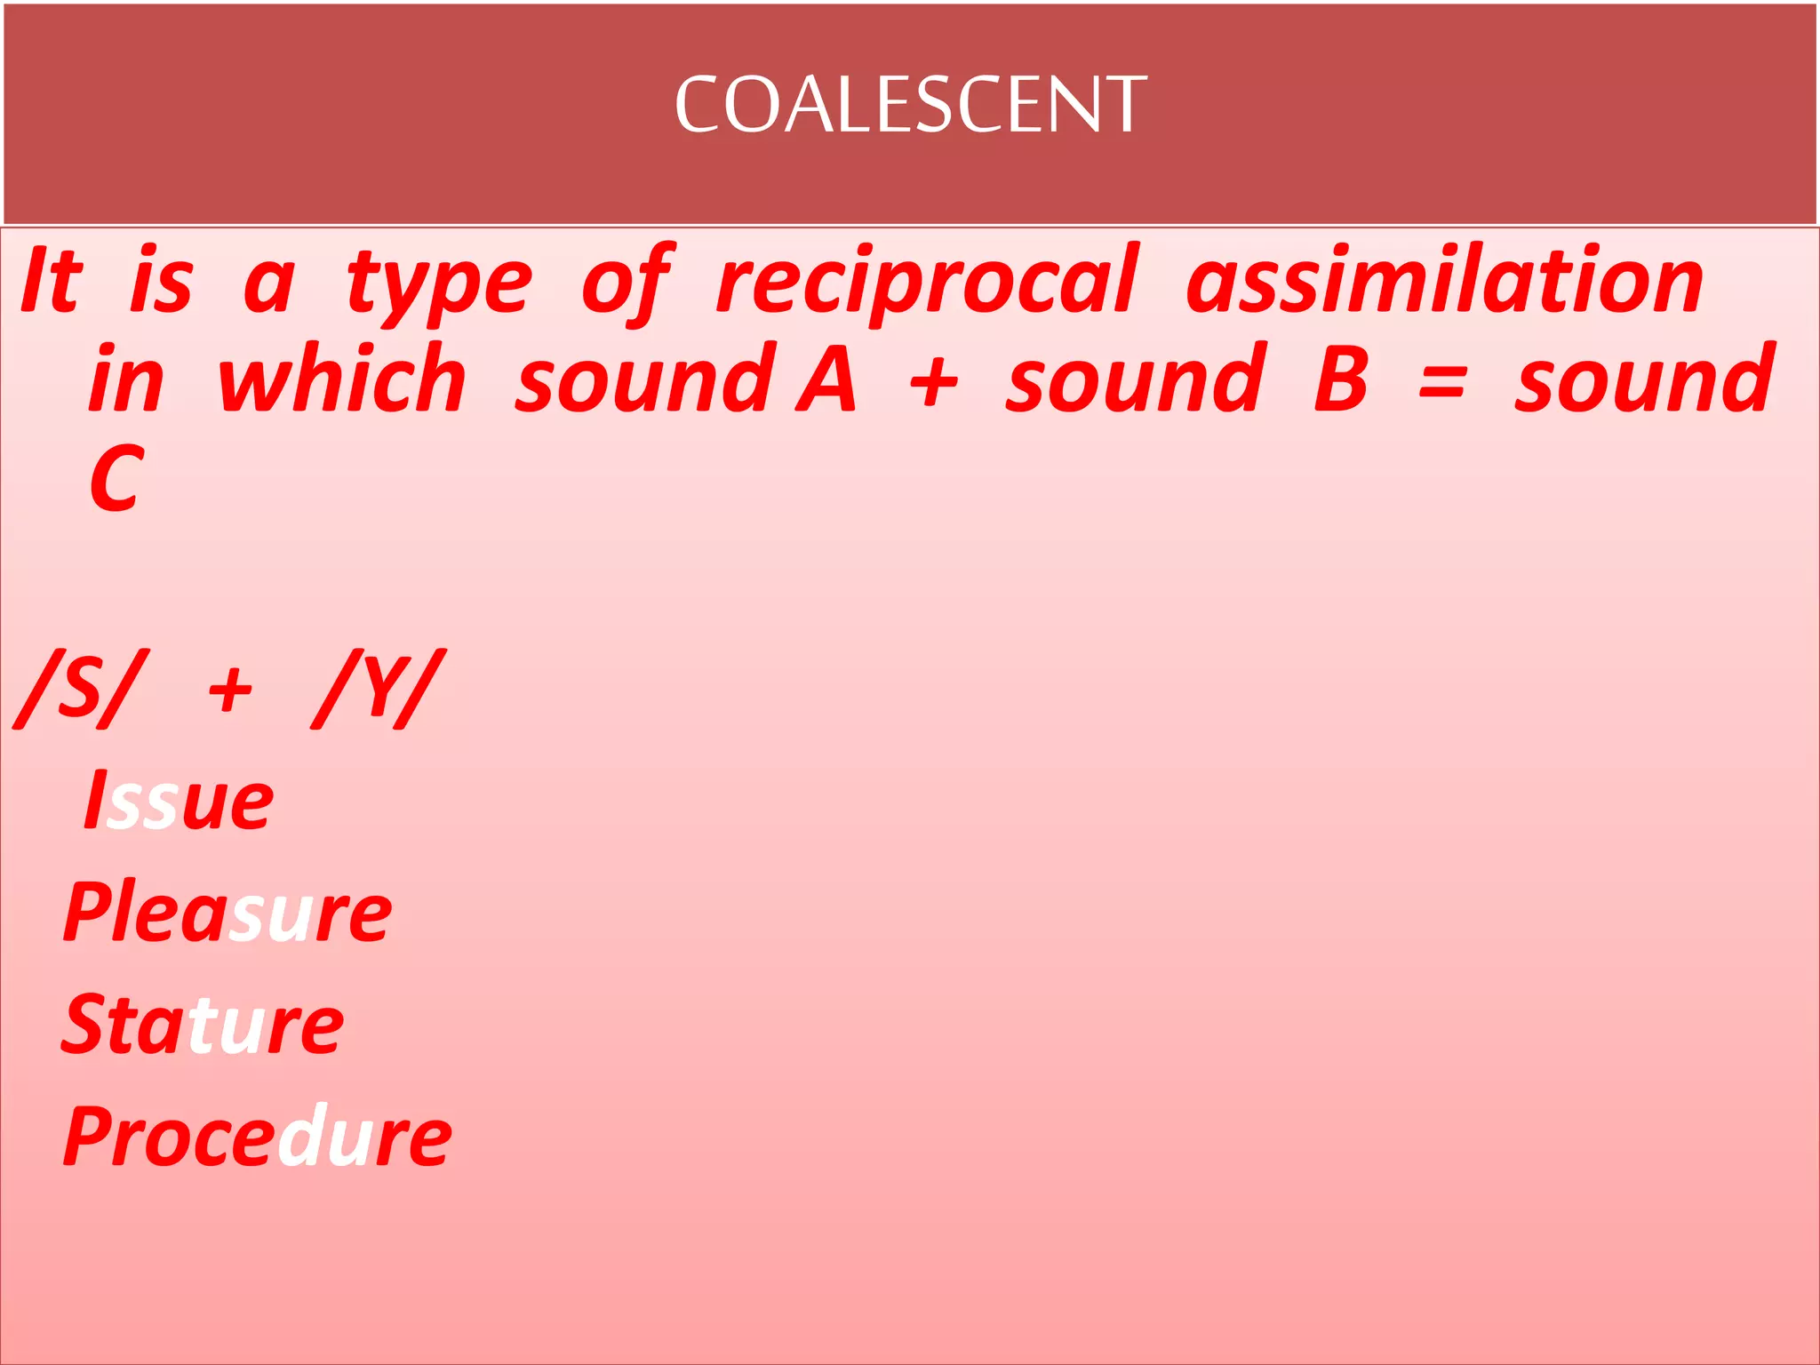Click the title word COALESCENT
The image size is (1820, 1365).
(x=911, y=105)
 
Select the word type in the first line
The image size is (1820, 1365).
(x=439, y=284)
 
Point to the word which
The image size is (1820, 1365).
(x=341, y=379)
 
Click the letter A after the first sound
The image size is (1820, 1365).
(x=826, y=379)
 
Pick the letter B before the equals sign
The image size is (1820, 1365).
(x=1341, y=379)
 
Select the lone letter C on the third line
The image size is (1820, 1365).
(x=116, y=479)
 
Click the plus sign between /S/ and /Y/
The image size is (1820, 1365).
(x=230, y=691)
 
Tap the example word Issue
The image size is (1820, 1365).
(x=179, y=801)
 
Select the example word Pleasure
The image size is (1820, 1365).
(x=227, y=913)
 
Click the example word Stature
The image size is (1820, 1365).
(x=203, y=1025)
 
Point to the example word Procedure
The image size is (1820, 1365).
(x=258, y=1137)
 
